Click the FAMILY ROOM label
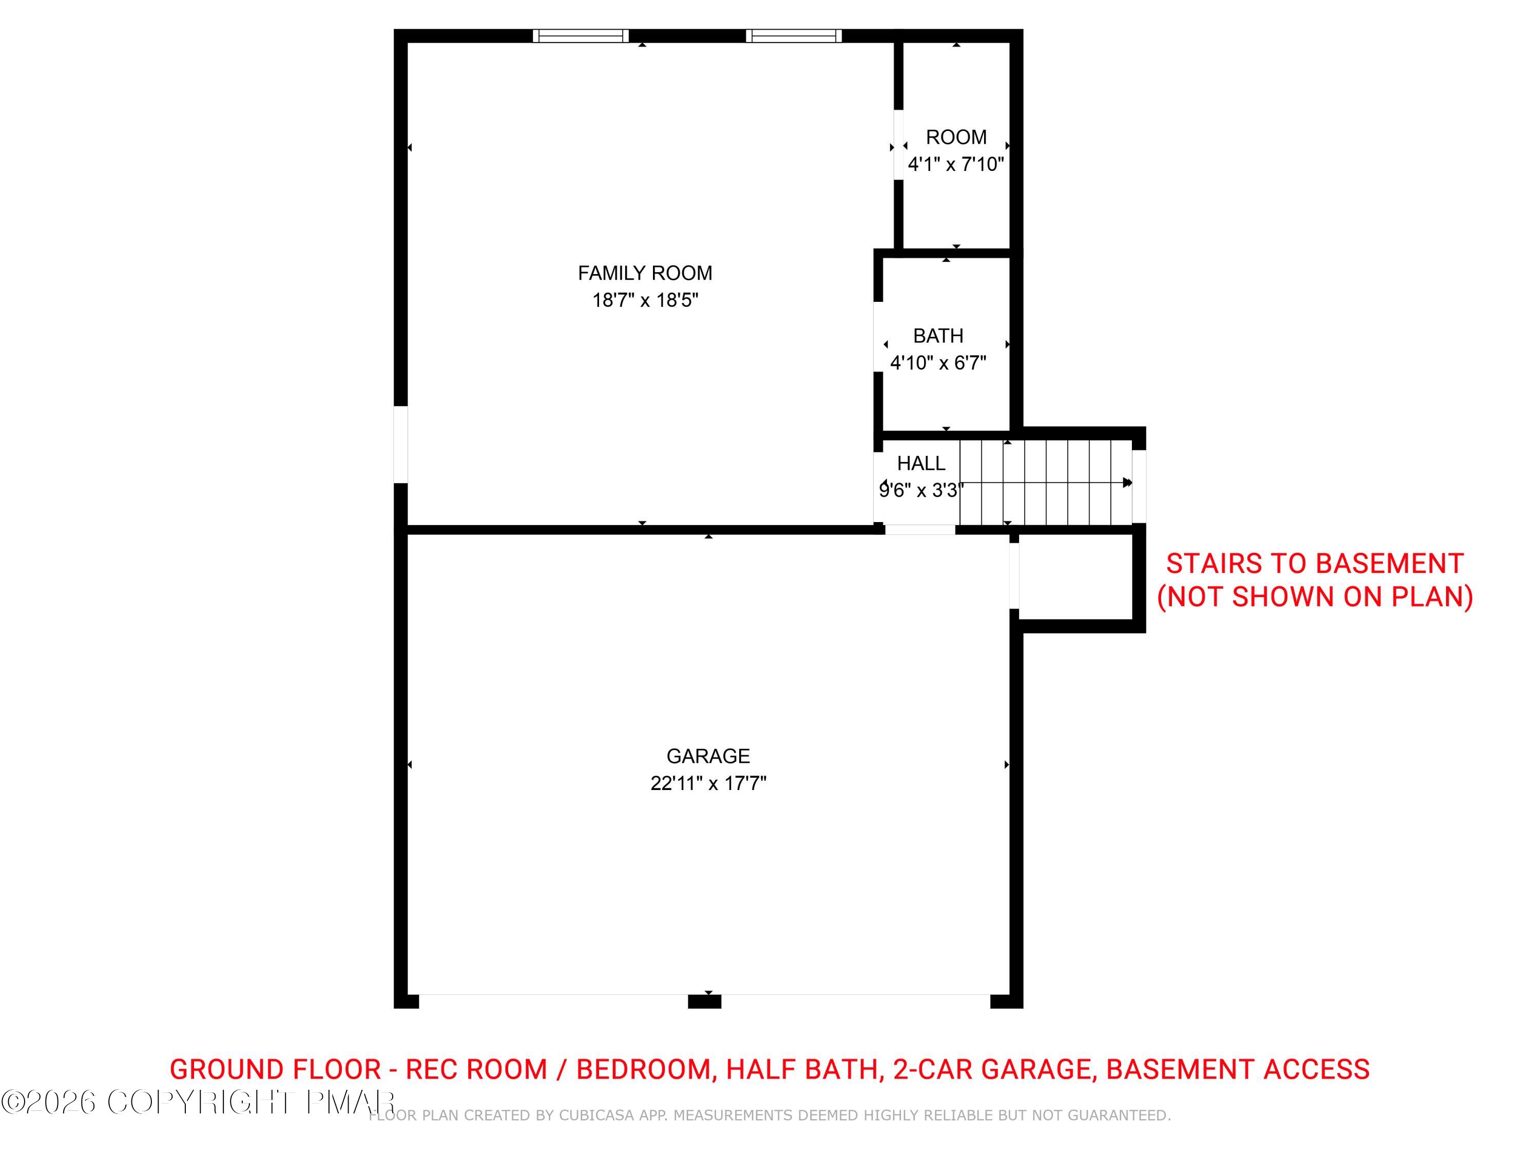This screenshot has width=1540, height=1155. tap(645, 273)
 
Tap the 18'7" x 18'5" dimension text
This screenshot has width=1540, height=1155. tap(645, 300)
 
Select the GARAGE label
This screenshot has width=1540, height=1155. tap(708, 756)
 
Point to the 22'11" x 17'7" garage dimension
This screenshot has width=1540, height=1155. tap(708, 783)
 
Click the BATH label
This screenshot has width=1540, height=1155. tap(938, 336)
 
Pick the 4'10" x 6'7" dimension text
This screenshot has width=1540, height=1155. tap(938, 363)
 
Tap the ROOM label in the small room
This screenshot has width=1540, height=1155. tap(956, 137)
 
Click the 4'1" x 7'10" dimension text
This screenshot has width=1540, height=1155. tap(956, 164)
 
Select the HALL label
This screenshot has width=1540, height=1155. tap(920, 464)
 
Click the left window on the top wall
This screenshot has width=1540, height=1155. tap(581, 35)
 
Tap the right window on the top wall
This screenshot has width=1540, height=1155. tap(794, 35)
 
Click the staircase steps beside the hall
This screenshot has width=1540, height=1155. tap(1045, 483)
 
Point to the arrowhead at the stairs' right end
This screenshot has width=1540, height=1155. tap(1128, 483)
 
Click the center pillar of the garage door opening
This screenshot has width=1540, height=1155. tap(705, 1001)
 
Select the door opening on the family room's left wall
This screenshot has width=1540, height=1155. tap(400, 444)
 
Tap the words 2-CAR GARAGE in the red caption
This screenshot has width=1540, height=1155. tap(991, 1069)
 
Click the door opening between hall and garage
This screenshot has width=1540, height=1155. tap(920, 530)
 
